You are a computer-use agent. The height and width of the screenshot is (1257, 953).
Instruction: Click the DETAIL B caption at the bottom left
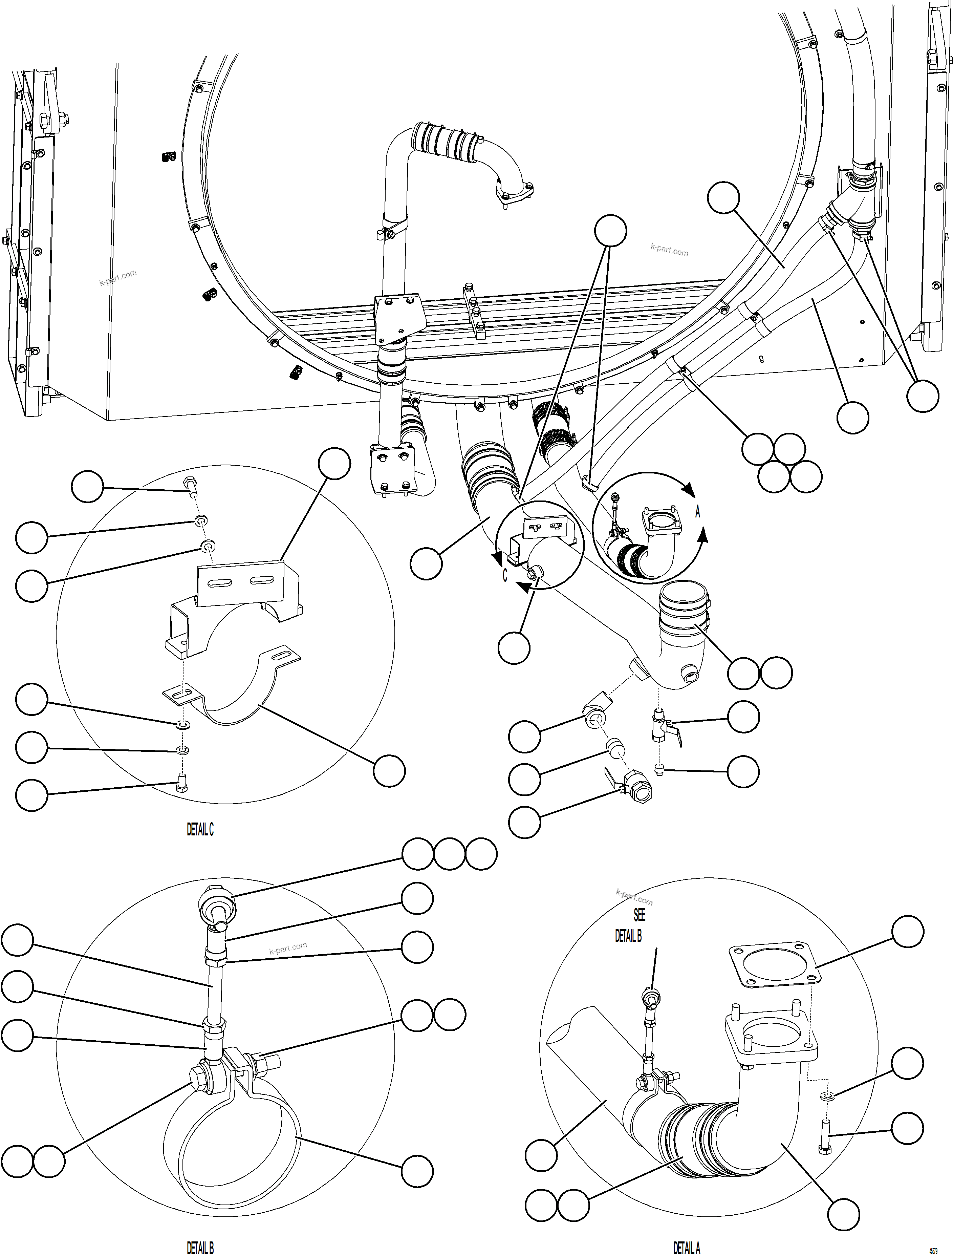(200, 1247)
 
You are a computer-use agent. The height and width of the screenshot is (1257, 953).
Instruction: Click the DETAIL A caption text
(687, 1247)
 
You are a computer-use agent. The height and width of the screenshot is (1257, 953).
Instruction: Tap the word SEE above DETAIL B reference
(639, 915)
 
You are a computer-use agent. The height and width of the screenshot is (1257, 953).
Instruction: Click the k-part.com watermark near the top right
(669, 250)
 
